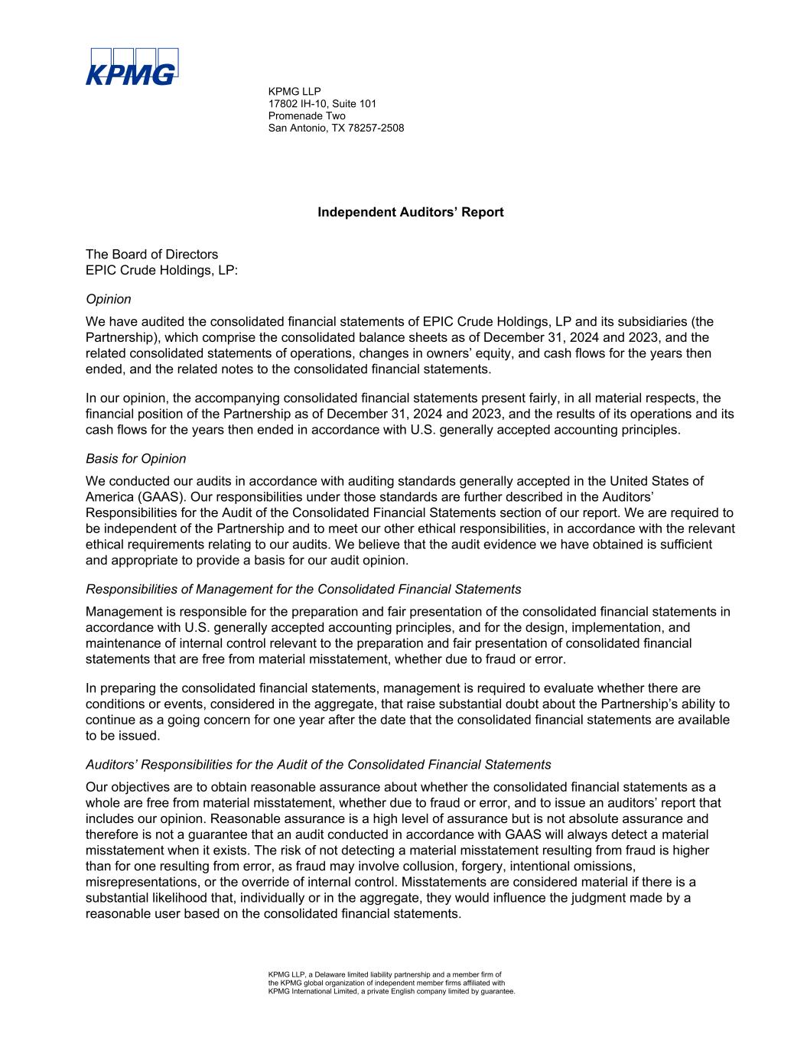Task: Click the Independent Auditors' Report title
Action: click(x=411, y=213)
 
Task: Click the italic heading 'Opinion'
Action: click(x=109, y=299)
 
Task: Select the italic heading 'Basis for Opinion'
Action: click(x=136, y=459)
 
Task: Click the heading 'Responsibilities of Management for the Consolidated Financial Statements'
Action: click(x=304, y=589)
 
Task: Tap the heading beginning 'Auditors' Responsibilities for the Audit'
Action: click(x=318, y=764)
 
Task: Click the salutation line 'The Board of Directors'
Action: click(x=151, y=254)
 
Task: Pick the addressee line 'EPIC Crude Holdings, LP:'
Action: click(x=162, y=270)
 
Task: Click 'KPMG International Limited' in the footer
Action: click(x=313, y=991)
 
